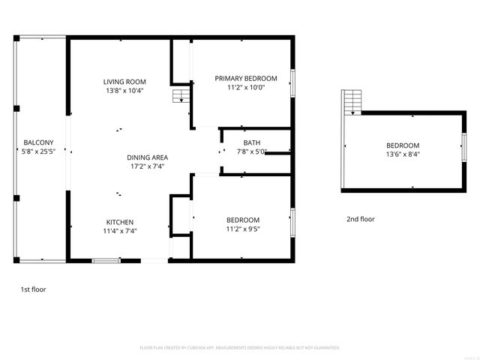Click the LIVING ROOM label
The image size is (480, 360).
coord(124,82)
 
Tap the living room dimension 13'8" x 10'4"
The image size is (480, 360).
coord(124,91)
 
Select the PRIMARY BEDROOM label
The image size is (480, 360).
coord(246,78)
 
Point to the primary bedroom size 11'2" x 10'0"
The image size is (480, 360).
coord(246,87)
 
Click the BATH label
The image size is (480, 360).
coord(251,142)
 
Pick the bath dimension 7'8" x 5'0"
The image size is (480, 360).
coord(251,151)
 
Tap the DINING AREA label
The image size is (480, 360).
coord(146,157)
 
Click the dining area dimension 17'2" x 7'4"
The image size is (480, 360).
coord(146,166)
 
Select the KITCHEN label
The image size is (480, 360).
coord(119,222)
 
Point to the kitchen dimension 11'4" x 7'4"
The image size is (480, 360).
coord(119,231)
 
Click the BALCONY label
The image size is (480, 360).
coord(38,142)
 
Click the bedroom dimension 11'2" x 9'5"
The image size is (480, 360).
coord(243,229)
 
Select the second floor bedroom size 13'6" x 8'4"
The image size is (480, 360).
coord(403,154)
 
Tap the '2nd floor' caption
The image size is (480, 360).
coord(360,219)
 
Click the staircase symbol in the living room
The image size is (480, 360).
coord(179,96)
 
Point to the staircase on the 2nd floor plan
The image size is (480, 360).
coord(352,101)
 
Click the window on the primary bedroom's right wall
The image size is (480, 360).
coord(292,82)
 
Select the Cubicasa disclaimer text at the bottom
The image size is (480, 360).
coord(240,348)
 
